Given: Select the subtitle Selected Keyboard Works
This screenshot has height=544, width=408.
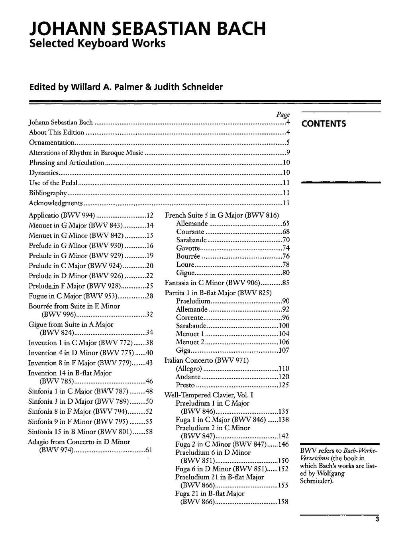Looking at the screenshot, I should (x=98, y=43).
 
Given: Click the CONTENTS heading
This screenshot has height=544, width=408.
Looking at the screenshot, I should (x=324, y=124).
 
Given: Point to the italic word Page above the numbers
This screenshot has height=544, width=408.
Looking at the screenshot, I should (x=283, y=114).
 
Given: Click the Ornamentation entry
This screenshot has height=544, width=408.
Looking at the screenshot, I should (x=52, y=143).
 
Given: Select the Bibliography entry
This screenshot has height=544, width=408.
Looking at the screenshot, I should (x=48, y=193).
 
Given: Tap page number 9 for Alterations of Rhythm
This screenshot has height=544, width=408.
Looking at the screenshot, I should (x=288, y=153).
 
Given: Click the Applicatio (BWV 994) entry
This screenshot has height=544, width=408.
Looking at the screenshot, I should (x=61, y=216).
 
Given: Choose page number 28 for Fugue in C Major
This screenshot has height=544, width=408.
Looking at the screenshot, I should (x=150, y=296).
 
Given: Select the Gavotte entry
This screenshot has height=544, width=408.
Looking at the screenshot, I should (x=188, y=248).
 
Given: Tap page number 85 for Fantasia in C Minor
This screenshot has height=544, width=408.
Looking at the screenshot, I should (x=285, y=283).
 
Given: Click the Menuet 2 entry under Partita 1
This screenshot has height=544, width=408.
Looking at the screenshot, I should (x=190, y=342).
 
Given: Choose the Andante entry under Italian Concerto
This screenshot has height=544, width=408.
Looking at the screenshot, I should (x=188, y=377).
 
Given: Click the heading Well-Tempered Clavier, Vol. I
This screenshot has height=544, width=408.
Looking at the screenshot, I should (x=209, y=395).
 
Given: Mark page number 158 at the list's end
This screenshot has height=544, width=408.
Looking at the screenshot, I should (x=283, y=502).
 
